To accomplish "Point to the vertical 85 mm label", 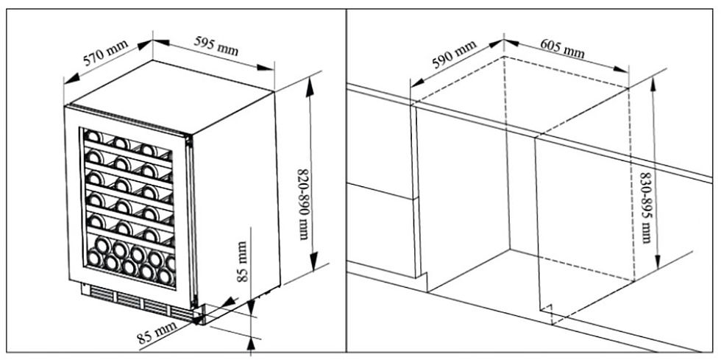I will tap(244, 261).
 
